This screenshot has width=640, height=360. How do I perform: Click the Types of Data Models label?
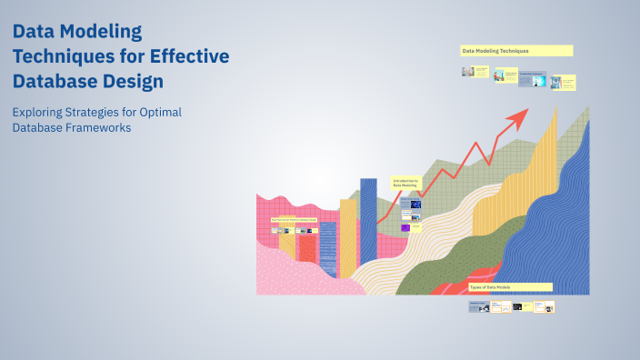click(509, 286)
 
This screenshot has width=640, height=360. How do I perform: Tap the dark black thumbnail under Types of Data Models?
click(517, 307)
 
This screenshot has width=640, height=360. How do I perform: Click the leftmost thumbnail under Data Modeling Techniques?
click(468, 72)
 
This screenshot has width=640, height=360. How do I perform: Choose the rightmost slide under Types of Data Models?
click(544, 307)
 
